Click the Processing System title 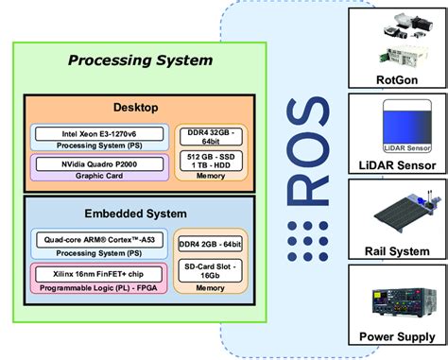(x=140, y=61)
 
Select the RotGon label (x=397, y=80)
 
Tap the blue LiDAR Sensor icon (x=397, y=131)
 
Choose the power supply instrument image (x=397, y=300)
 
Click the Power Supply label (x=397, y=336)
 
